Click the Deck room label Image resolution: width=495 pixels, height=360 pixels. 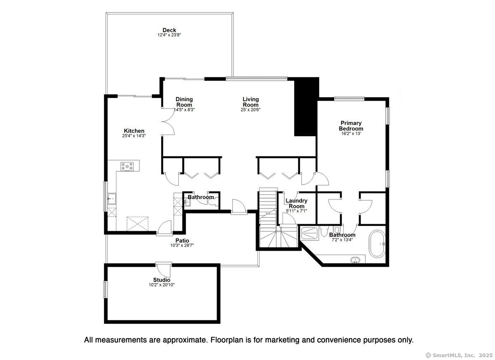click(x=169, y=30)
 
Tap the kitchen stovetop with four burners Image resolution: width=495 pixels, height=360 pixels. click(x=127, y=166)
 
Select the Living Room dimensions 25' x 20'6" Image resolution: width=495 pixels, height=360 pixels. click(x=251, y=110)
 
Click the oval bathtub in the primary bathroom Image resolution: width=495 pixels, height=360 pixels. click(x=377, y=244)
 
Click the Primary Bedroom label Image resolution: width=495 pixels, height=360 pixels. click(x=351, y=126)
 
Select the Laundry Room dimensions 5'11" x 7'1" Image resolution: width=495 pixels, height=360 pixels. click(x=296, y=211)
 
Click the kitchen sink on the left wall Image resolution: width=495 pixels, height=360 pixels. click(x=112, y=199)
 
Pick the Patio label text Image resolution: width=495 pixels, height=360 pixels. click(x=182, y=240)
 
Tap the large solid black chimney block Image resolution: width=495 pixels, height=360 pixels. click(x=306, y=107)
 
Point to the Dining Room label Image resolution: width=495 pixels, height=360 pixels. click(x=184, y=102)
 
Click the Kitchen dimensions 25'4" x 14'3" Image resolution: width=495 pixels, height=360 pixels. click(x=134, y=136)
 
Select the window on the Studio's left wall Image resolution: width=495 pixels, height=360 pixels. click(x=106, y=289)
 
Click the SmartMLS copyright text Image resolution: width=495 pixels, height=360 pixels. click(x=459, y=355)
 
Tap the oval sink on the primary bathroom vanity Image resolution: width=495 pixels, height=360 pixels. click(x=355, y=260)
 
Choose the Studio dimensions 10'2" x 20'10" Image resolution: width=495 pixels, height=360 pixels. click(x=162, y=285)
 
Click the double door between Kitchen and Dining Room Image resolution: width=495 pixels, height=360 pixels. click(x=168, y=121)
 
